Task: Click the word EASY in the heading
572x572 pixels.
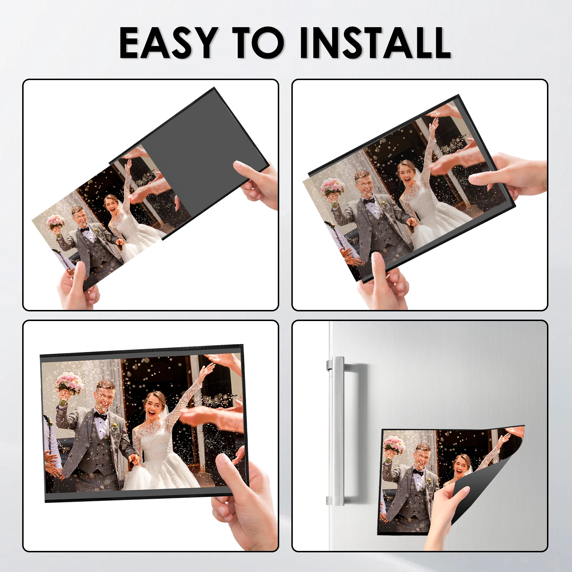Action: (x=168, y=43)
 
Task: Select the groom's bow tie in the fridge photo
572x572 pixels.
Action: (x=418, y=472)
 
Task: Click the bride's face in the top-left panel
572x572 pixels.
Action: (x=110, y=204)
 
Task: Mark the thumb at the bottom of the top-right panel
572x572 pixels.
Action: (x=379, y=265)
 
